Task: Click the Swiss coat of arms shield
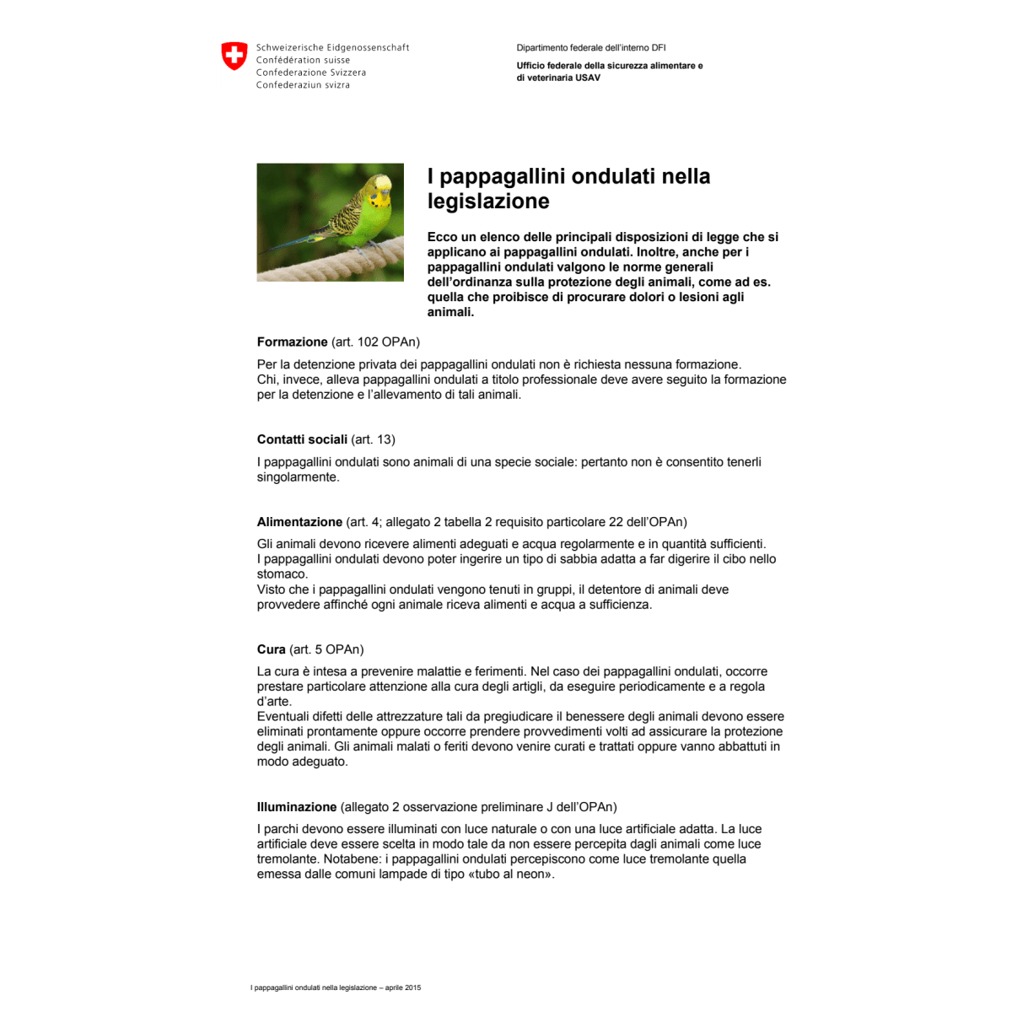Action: coord(234,57)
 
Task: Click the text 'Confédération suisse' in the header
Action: coord(303,60)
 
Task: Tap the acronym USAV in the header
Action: coord(588,78)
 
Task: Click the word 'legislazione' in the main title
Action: coord(488,201)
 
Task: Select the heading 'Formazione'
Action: coord(292,342)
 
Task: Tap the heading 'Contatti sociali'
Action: coord(302,439)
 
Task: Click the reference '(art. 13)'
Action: coord(373,439)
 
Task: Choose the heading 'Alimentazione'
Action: coord(299,522)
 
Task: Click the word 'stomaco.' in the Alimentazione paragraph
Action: coord(283,574)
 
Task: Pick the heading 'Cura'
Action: coord(271,649)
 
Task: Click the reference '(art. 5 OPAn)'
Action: coord(326,649)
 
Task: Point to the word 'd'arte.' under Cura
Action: coord(274,702)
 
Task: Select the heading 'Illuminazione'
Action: coord(297,807)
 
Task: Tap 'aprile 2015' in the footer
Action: coord(403,988)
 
